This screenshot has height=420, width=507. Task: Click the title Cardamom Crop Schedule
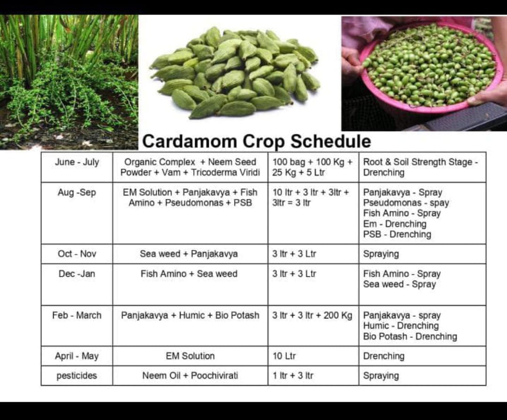[x=256, y=141]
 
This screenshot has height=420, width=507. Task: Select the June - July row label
[x=77, y=162]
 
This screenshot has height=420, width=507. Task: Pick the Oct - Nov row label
[x=77, y=254]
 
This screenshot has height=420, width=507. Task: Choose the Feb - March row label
[x=77, y=315]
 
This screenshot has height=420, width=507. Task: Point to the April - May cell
[x=77, y=356]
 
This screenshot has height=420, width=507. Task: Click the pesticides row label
[x=77, y=376]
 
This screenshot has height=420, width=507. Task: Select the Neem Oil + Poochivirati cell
[x=190, y=376]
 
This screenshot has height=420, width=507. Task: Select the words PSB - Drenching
[x=397, y=234]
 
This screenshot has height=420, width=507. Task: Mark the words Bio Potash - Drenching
[x=410, y=336]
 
